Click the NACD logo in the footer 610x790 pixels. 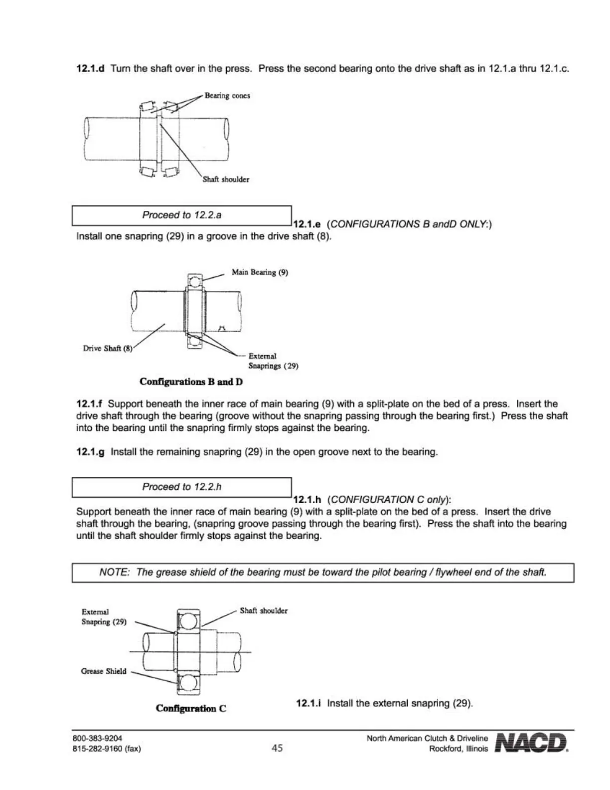[x=531, y=743]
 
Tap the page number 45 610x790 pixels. [x=277, y=748]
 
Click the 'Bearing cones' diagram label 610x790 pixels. [x=227, y=96]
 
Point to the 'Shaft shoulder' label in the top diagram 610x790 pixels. [x=226, y=180]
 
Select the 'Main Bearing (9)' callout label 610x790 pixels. [x=260, y=272]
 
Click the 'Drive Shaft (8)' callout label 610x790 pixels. [x=108, y=348]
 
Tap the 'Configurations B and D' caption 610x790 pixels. [x=191, y=382]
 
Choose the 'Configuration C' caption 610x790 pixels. [x=191, y=708]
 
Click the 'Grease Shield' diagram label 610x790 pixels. [x=104, y=671]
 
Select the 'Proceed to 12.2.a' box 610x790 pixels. [x=182, y=215]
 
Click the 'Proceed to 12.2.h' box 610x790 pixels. [x=182, y=487]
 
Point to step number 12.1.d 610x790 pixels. [x=90, y=69]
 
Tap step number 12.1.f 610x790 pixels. [x=89, y=404]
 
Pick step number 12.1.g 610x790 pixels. [x=90, y=452]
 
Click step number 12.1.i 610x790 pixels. [x=308, y=703]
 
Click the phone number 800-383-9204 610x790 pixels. [x=97, y=738]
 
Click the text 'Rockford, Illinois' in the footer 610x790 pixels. [x=458, y=749]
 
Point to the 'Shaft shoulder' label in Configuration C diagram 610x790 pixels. [x=264, y=611]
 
